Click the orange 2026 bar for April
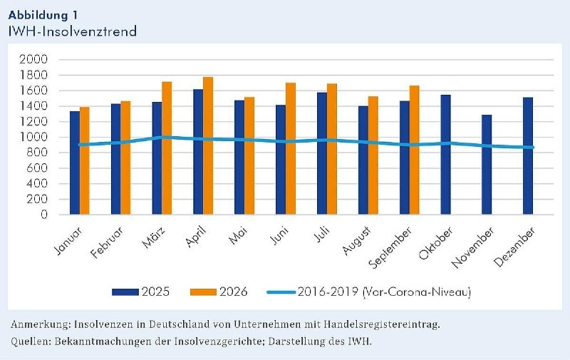[208, 145]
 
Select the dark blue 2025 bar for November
[487, 165]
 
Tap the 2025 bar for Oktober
[446, 155]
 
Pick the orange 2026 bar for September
[414, 150]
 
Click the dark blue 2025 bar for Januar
[75, 163]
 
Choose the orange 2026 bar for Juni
[291, 148]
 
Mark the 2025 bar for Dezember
[528, 155]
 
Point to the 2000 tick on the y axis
[33, 59]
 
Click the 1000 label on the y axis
[33, 137]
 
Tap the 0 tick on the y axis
[44, 215]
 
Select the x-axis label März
[153, 237]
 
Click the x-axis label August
[357, 240]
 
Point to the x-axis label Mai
[238, 235]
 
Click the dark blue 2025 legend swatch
[125, 292]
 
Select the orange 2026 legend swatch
[203, 292]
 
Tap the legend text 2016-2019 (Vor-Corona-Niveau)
[384, 292]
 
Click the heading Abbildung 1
[43, 15]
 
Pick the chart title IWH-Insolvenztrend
[73, 31]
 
